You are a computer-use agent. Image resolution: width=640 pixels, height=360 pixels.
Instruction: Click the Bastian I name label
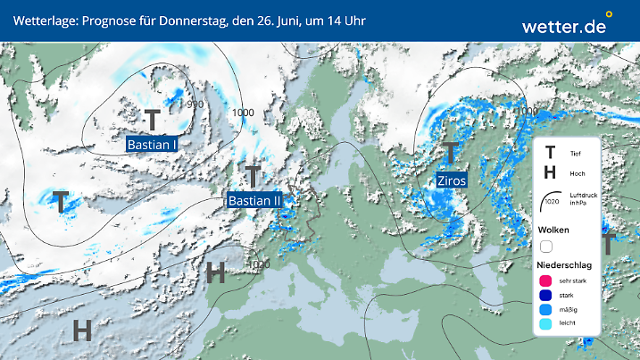(x=153, y=143)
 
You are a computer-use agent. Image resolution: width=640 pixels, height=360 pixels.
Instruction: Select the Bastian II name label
(x=254, y=201)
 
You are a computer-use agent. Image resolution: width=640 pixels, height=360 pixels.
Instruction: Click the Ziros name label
(x=452, y=180)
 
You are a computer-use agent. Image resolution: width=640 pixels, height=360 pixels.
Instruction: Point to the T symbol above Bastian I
(x=153, y=120)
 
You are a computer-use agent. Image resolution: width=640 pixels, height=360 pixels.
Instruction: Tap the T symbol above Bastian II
(x=254, y=177)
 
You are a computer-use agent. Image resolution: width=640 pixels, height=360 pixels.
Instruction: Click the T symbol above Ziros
(x=452, y=154)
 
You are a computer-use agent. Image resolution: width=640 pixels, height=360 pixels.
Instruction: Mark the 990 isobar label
(x=195, y=105)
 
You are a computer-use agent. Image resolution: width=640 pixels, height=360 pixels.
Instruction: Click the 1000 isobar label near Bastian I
(x=243, y=113)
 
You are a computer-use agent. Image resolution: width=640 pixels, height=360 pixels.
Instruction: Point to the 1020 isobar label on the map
(x=260, y=264)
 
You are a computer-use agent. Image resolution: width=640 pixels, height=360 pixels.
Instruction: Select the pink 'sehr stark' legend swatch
(x=546, y=281)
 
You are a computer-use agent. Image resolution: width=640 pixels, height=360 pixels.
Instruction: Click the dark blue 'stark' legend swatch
(x=546, y=297)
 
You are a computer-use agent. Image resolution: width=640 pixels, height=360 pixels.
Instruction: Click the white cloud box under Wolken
(x=546, y=246)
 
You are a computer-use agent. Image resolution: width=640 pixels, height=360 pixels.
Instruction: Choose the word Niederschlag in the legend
(x=566, y=264)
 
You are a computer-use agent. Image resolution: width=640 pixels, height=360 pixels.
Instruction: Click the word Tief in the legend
(x=575, y=154)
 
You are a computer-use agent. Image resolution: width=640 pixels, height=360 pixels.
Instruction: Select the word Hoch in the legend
(x=576, y=172)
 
